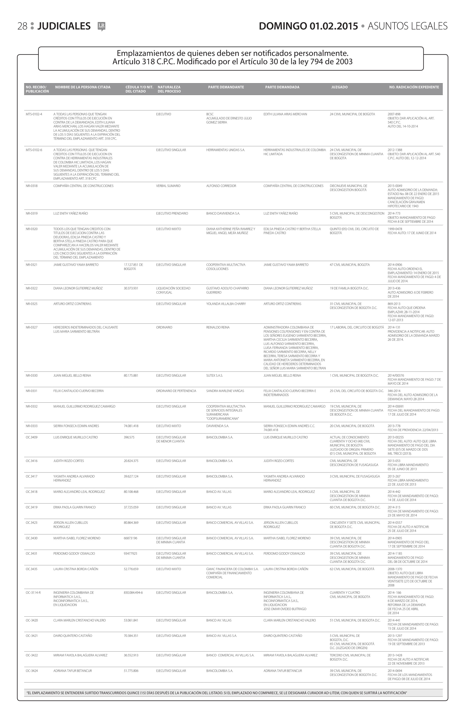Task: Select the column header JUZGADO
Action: tap(339, 87)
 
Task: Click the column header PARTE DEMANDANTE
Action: tap(226, 87)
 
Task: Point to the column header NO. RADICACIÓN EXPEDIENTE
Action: tap(414, 87)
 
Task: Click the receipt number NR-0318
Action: tap(32, 186)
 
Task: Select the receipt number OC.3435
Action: tap(32, 569)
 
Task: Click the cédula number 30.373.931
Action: tap(131, 288)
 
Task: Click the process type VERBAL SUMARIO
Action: tap(168, 186)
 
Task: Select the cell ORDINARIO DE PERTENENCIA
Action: tap(176, 391)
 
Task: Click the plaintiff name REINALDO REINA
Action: tap(218, 327)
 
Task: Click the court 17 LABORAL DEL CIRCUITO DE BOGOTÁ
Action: tap(356, 327)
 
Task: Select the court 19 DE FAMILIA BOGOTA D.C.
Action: tap(349, 288)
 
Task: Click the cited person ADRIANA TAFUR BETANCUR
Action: tap(72, 671)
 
